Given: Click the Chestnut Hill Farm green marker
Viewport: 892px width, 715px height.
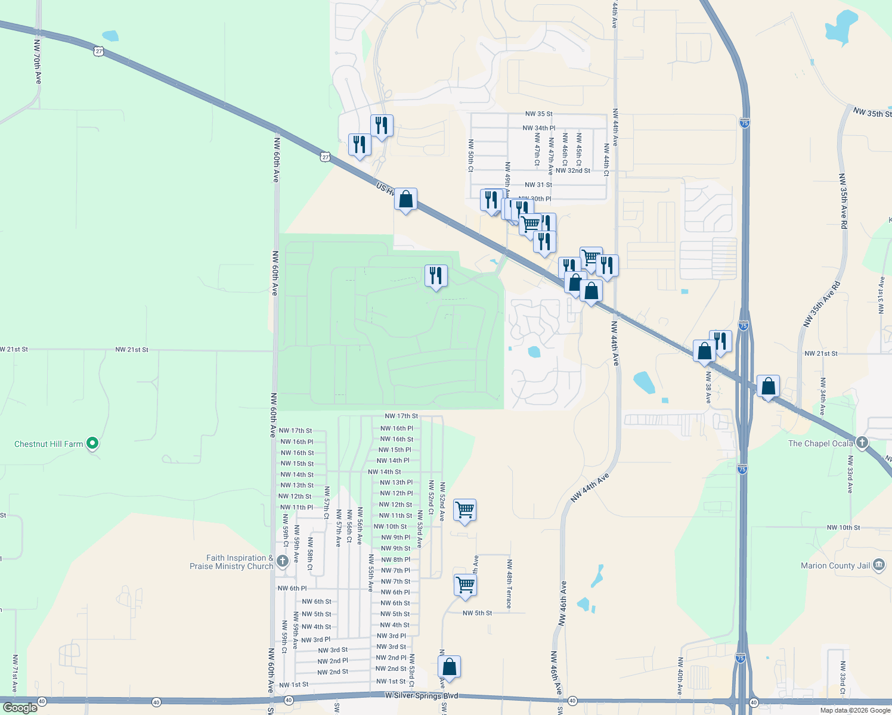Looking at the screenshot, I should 92,443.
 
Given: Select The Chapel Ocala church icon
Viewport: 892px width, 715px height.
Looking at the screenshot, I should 862,443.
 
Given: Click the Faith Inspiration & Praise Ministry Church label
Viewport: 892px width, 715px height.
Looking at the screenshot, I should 239,562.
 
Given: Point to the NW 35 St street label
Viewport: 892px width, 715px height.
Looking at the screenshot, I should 538,114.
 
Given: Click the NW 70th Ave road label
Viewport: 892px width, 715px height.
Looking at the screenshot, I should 38,62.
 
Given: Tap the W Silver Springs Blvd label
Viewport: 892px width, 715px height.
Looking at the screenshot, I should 422,696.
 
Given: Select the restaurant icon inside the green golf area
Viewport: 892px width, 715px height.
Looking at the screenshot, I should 436,276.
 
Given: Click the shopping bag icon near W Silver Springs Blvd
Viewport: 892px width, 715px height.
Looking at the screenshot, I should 450,667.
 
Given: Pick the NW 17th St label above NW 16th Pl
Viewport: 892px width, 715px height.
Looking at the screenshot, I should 401,416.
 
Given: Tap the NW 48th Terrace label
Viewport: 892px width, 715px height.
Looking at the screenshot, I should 509,583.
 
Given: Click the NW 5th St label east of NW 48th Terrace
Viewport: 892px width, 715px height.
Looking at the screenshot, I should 478,613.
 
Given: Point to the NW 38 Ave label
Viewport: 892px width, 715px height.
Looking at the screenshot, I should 708,387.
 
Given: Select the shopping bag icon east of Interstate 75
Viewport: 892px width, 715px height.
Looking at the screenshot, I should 769,387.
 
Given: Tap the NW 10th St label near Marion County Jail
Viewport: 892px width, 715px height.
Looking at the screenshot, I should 843,527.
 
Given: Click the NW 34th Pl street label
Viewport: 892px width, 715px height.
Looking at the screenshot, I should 538,128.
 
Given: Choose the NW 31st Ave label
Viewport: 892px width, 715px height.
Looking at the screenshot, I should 881,295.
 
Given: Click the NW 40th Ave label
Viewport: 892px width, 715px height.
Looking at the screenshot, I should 680,676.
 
